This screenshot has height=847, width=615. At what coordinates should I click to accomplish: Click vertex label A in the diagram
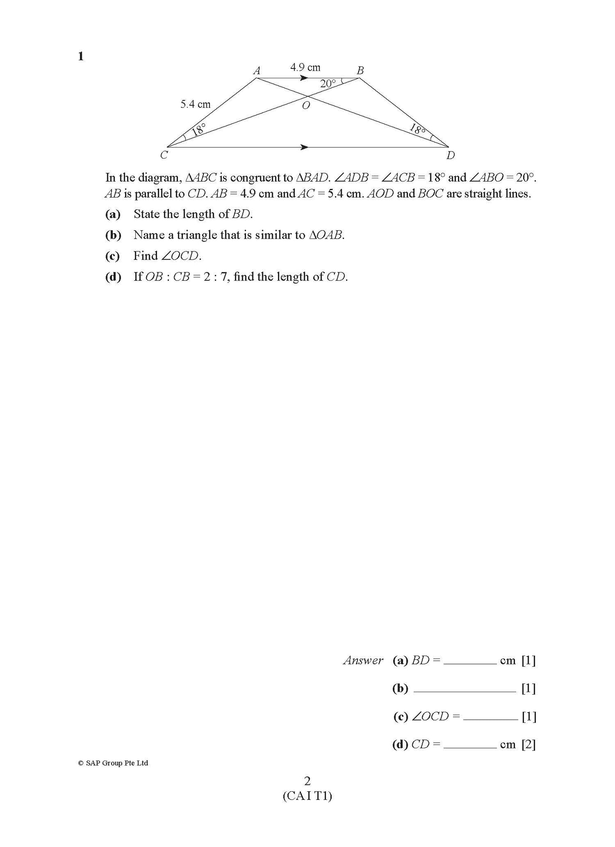(257, 71)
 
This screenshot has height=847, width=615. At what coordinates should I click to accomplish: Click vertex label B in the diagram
(360, 71)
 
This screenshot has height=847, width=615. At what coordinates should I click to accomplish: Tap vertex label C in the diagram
(164, 155)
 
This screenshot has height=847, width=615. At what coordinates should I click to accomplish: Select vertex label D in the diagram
(451, 156)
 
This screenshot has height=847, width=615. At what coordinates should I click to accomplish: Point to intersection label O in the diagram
(306, 106)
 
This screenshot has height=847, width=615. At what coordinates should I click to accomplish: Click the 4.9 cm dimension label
(305, 67)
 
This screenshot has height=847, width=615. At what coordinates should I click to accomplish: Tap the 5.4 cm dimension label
(195, 104)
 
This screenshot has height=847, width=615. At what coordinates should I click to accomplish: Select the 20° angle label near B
(328, 84)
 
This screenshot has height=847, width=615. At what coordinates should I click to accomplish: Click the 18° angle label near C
(198, 129)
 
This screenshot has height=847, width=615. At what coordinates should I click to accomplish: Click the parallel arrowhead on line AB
(304, 78)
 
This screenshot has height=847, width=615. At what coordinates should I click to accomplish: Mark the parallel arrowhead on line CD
(304, 147)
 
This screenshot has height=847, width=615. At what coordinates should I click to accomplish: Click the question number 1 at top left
(81, 56)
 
